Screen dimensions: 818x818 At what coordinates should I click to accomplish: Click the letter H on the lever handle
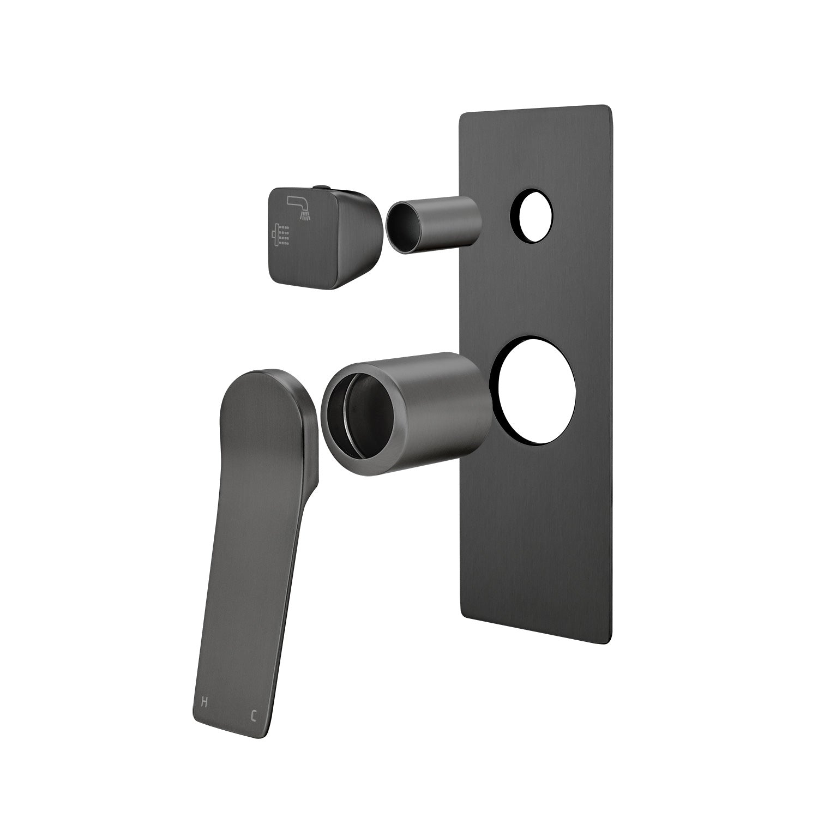(x=204, y=702)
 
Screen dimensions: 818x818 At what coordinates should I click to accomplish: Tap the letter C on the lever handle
(x=254, y=715)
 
